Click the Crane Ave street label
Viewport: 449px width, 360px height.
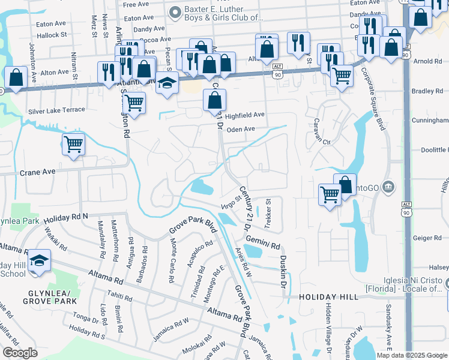[37, 172]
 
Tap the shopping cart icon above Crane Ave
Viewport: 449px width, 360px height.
[73, 144]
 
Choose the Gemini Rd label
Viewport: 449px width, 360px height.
[266, 246]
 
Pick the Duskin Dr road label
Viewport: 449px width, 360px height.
[282, 264]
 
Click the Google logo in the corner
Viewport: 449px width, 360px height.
[20, 353]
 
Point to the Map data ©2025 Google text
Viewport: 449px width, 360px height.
[412, 355]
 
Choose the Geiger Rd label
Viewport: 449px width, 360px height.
[427, 238]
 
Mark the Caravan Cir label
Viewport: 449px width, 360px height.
[318, 142]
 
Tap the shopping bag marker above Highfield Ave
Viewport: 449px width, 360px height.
[214, 101]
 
